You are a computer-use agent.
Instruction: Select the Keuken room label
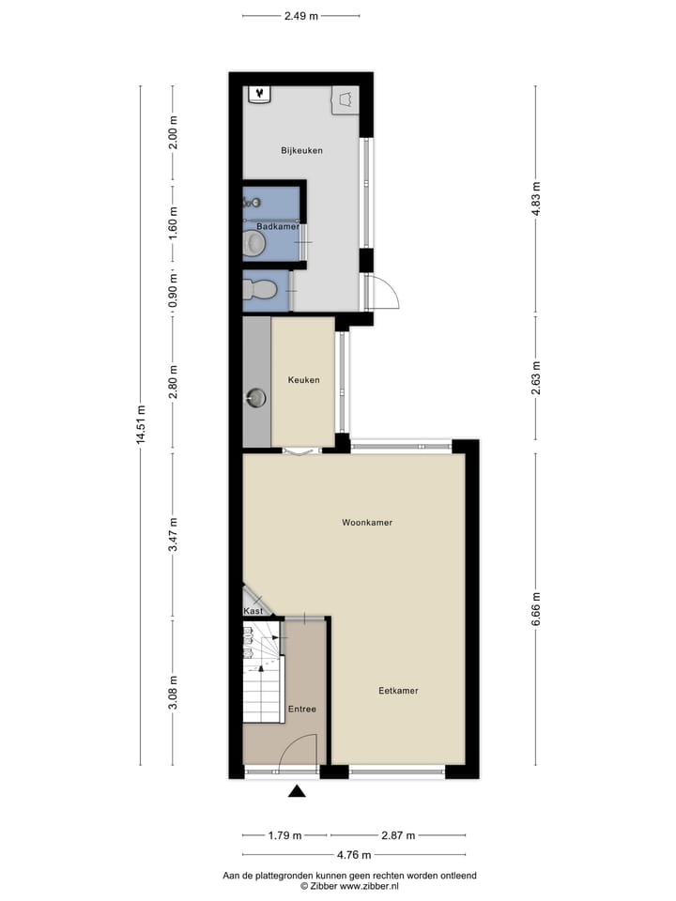303,380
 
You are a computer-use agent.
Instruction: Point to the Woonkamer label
367,523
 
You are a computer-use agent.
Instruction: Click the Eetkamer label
398,691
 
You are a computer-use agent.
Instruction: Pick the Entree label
302,709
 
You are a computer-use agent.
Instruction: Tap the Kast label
253,611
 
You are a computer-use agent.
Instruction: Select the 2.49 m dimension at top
300,15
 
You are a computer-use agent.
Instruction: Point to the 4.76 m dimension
353,854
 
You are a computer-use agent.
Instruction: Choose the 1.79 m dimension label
285,835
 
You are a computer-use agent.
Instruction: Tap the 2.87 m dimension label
397,835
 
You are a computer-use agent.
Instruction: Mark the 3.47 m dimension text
174,536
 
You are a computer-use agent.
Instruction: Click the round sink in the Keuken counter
256,398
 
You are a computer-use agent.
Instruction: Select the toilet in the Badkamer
253,243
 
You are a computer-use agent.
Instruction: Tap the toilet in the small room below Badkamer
264,289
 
